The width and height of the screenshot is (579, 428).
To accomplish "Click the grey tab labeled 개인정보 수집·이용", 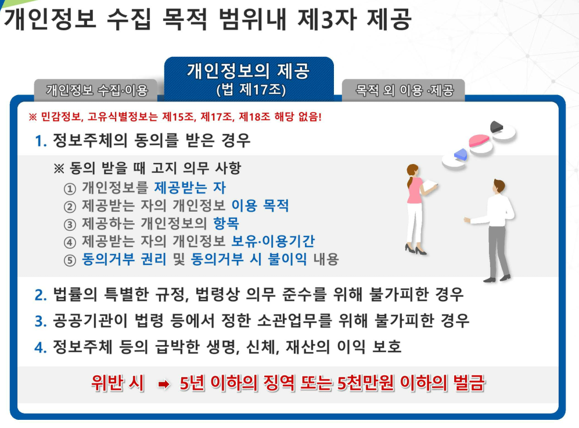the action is [x=96, y=89].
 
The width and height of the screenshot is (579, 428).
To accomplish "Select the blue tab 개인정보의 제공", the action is [x=249, y=79].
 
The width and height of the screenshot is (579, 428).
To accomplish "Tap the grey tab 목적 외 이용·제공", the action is [x=404, y=89].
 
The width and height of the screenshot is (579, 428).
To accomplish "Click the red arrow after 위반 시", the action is [x=164, y=385].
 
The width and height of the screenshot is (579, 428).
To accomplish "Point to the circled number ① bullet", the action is [x=70, y=188].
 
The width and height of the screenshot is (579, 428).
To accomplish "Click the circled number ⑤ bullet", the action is [x=70, y=260].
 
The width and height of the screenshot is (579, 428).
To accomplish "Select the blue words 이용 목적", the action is [x=260, y=205].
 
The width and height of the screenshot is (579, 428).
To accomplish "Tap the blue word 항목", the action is [x=226, y=223].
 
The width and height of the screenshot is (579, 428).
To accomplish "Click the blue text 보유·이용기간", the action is [x=273, y=241].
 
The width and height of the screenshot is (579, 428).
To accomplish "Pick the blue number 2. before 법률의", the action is [x=41, y=295].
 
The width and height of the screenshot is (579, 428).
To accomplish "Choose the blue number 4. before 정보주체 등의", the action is [x=41, y=347].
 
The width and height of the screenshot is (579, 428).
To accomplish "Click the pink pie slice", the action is [x=479, y=140].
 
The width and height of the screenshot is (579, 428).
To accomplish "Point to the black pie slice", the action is [x=497, y=126].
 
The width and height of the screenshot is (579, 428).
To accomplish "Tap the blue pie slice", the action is [x=461, y=154].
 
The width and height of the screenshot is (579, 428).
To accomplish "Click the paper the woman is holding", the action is [x=429, y=185].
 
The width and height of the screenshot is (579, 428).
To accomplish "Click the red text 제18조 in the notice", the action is [x=254, y=117].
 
